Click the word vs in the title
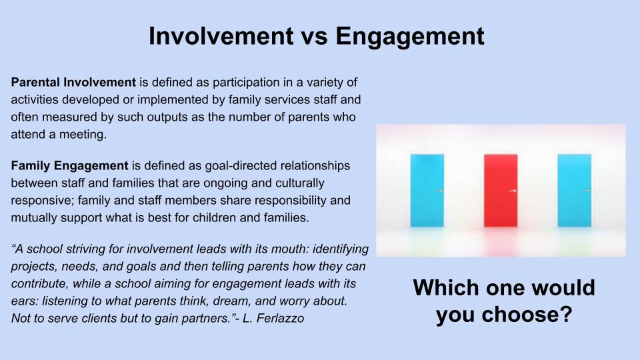point(314,36)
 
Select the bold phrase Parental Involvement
point(73,83)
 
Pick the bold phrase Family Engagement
point(69,166)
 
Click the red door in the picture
point(501,190)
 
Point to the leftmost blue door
point(427,190)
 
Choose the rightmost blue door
point(574,190)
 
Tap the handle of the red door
point(513,191)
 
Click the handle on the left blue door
point(439,191)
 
